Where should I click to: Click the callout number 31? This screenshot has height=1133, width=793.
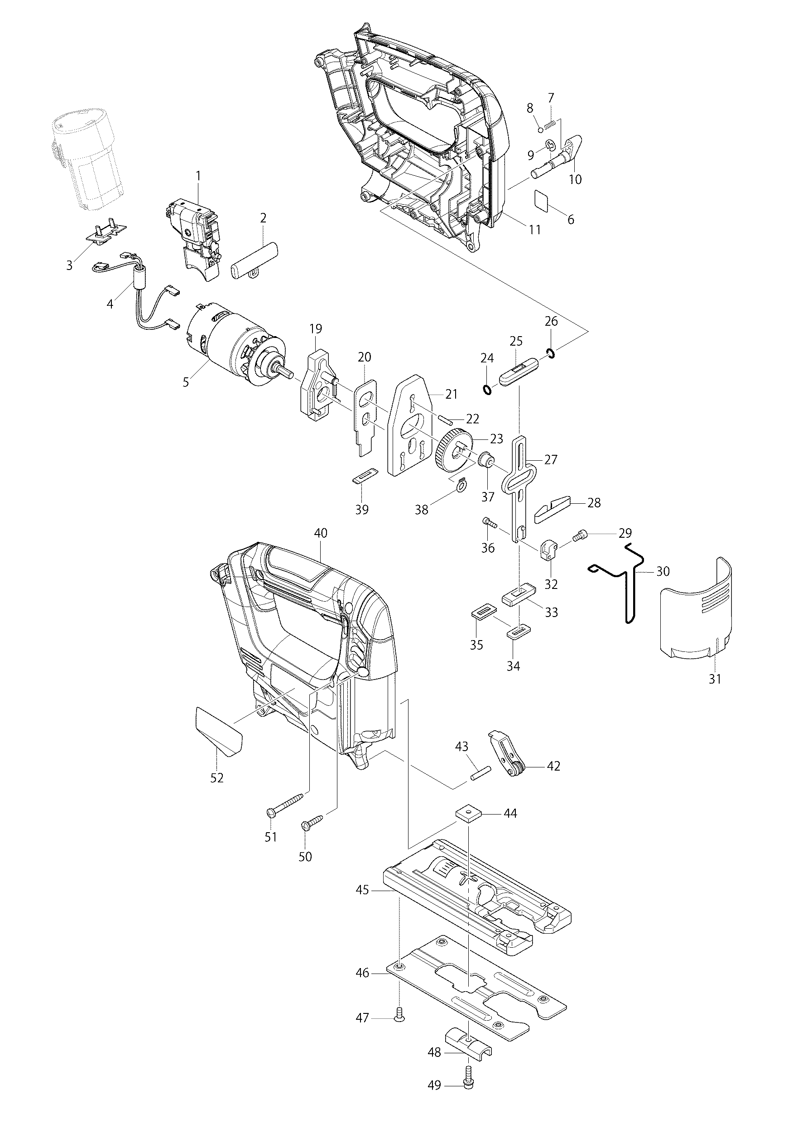tap(715, 679)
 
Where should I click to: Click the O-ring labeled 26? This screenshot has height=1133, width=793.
tap(551, 353)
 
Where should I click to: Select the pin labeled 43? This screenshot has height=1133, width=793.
tap(479, 785)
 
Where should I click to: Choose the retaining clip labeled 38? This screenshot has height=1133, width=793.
tap(461, 486)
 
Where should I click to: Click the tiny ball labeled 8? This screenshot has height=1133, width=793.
tap(540, 130)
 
